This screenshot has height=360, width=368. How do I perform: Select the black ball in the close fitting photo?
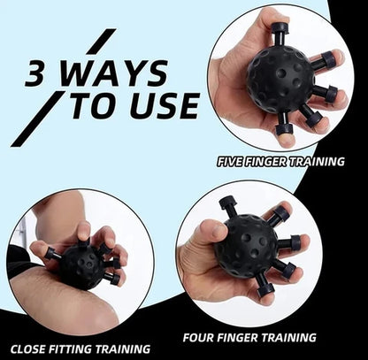tap(82, 265)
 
